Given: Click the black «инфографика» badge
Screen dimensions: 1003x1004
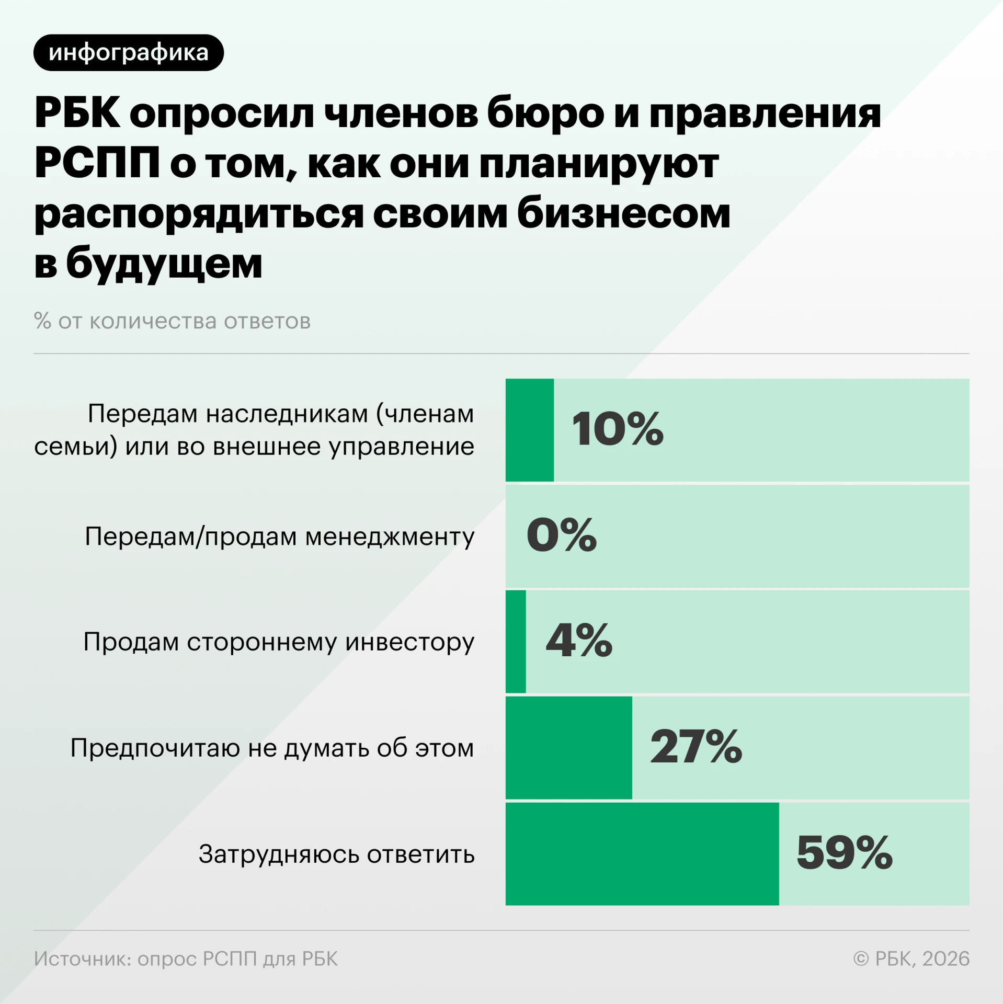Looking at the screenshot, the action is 129,53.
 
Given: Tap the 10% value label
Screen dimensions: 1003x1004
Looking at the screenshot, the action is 618,429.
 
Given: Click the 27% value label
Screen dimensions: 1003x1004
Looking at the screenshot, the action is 696,747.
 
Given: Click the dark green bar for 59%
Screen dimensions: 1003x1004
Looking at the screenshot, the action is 642,853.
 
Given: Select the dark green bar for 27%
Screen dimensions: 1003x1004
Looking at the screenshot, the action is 569,747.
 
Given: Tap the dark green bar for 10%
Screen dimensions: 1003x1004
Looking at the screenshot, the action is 530,430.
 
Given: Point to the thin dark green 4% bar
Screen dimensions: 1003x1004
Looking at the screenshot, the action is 516,641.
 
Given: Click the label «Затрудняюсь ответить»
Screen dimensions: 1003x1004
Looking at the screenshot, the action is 337,854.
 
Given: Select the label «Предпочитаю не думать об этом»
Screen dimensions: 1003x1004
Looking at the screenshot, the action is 272,748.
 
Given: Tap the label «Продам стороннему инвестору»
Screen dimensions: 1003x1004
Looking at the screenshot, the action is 279,642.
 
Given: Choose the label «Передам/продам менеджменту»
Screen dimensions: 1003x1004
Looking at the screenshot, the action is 279,537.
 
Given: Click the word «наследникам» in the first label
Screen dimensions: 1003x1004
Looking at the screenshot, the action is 287,414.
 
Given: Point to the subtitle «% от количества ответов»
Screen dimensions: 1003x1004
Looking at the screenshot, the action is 172,321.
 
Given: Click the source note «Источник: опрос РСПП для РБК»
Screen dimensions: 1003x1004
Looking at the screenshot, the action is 186,959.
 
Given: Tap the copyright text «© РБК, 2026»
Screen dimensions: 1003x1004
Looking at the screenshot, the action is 911,959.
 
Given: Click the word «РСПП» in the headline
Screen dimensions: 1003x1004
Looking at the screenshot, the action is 97,163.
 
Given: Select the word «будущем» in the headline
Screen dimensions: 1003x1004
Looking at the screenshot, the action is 164,264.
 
